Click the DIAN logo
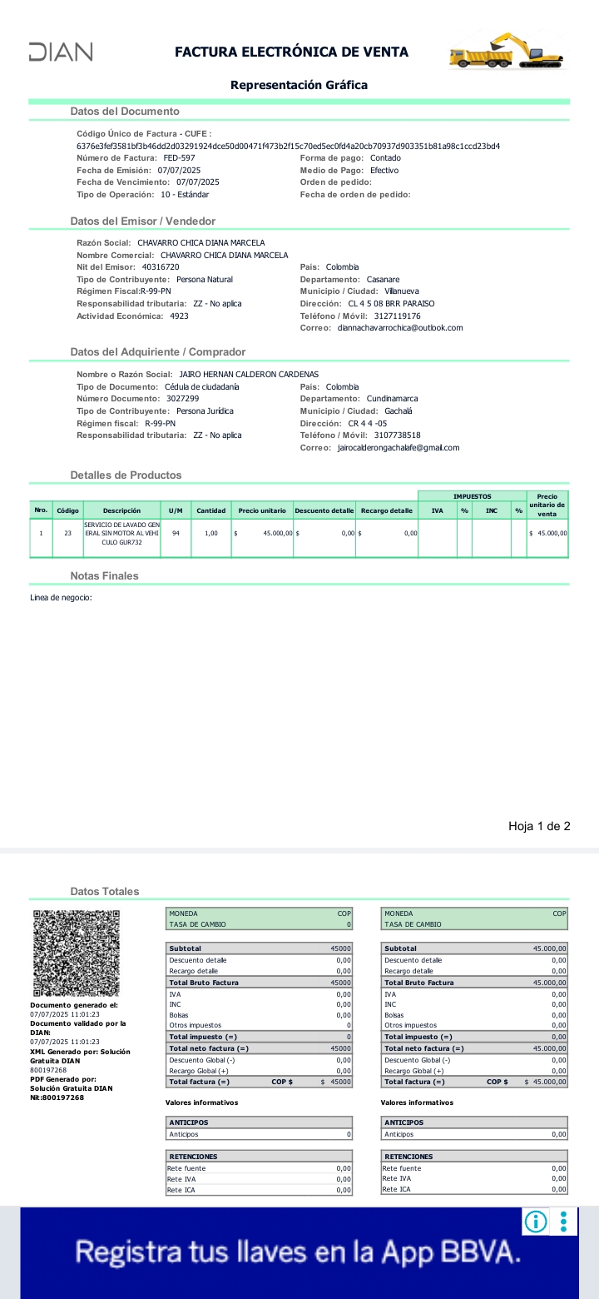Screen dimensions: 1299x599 coord(61,52)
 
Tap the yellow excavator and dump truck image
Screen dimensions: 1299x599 coord(505,51)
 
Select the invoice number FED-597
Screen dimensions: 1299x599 coord(179,158)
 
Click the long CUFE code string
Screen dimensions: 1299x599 coord(288,147)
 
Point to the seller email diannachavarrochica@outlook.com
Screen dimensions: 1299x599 coord(400,328)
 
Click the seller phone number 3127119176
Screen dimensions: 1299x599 coord(398,316)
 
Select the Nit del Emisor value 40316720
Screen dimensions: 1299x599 coord(161,267)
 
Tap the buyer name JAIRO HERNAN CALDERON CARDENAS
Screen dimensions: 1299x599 coord(249,375)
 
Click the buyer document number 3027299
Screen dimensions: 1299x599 coord(182,399)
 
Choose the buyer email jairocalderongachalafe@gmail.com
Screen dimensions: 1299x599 coord(399,448)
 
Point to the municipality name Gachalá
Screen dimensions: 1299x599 coord(399,411)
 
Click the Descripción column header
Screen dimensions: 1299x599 coord(121,510)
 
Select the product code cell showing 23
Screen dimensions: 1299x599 coord(67,533)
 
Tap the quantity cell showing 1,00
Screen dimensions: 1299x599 coord(210,533)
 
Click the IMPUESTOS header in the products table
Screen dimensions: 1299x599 coord(472,496)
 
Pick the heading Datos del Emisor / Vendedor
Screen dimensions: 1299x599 coord(143,221)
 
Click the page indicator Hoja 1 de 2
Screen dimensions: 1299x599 coord(539,826)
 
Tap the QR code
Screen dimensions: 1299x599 coord(77,954)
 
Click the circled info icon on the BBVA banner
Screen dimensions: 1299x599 coord(536,1222)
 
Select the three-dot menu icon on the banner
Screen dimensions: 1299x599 coord(563,1222)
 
